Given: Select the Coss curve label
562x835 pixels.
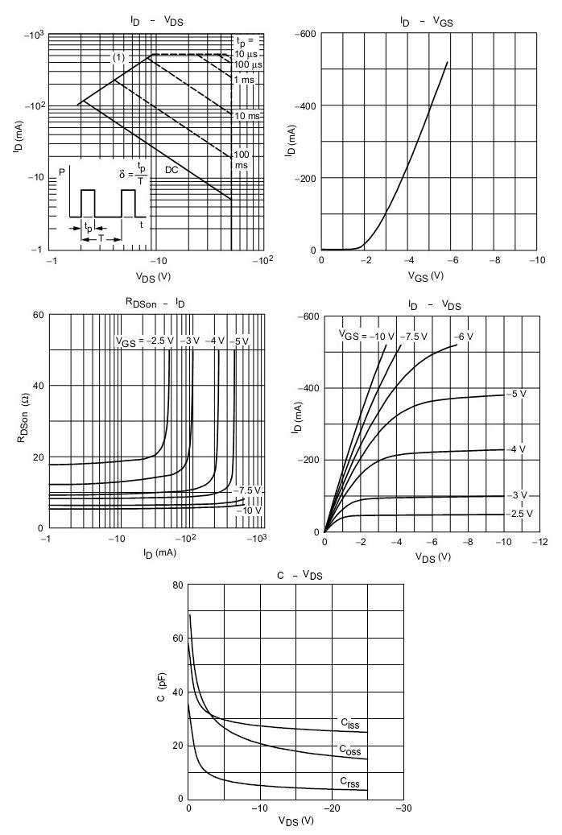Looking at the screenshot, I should pos(349,750).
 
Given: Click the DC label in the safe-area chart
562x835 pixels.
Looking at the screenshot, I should pos(171,170).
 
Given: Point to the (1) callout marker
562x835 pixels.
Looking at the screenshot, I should pos(118,57).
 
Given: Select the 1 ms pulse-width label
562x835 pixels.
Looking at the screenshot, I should pos(243,79).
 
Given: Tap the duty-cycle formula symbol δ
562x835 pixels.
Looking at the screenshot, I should pos(112,175).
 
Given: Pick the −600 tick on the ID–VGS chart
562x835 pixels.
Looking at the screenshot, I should pos(304,35).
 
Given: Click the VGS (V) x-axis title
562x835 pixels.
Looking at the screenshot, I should pos(426,275).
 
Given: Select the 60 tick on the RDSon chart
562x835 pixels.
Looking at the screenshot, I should pos(37,315).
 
